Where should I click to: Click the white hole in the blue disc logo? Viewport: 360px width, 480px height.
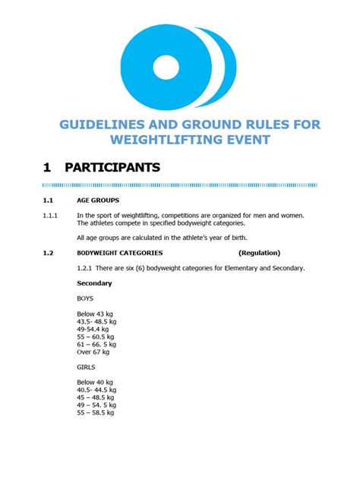tap(171, 68)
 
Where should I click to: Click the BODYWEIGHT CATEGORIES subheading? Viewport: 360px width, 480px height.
tap(119, 253)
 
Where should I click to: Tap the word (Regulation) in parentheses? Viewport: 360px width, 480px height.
tap(259, 253)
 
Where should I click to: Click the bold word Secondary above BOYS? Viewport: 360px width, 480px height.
tap(94, 283)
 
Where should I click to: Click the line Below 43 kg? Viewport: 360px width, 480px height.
tap(95, 314)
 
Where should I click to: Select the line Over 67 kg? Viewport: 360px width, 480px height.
tap(93, 352)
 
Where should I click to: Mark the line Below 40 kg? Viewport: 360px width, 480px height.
tap(95, 382)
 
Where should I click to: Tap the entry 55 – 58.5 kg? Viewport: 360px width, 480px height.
tap(96, 412)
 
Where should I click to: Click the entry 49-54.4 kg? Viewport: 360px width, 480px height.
tap(96, 329)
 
